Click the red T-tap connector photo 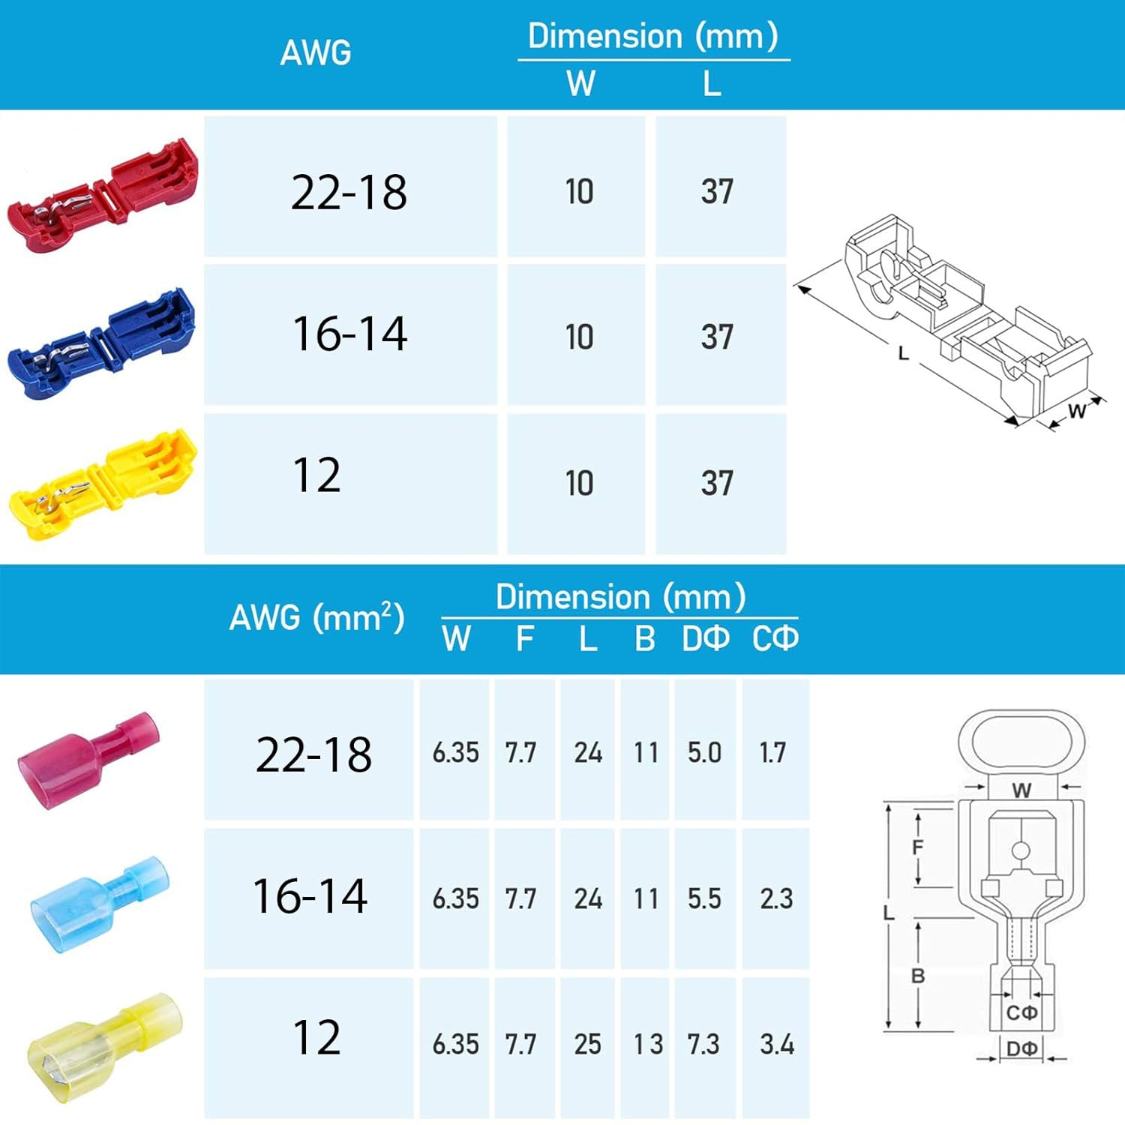coord(103,195)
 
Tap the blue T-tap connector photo coord(102,342)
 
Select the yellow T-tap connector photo coord(103,484)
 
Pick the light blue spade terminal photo coord(99,904)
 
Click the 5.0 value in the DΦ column coord(704,752)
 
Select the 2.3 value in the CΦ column coord(776,898)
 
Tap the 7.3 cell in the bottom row coord(703,1044)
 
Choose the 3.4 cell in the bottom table coord(776,1044)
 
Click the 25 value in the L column coord(587,1044)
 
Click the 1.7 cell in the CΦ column coord(772,752)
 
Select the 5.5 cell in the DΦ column coord(704,898)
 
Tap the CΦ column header coord(775,638)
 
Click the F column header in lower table coord(525,639)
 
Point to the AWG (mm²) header coord(316,617)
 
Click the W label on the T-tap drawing coord(1077,410)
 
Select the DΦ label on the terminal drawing coord(1021,1048)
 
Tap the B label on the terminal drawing coord(918,976)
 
